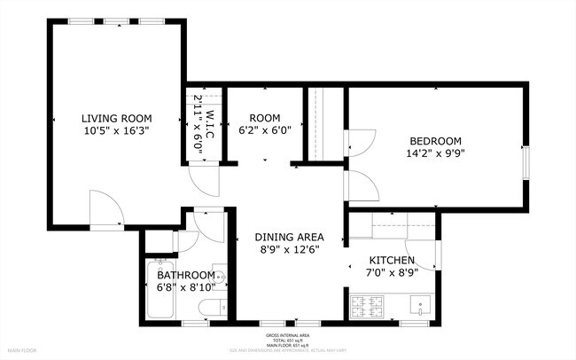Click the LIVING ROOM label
point(116,118)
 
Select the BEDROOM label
point(435,141)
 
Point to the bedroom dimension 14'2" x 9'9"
point(435,154)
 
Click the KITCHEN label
point(392,260)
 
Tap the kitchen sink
point(418,307)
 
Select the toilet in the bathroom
point(210,308)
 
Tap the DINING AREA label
point(289,237)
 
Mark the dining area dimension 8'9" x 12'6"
point(289,250)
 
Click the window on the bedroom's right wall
point(525,160)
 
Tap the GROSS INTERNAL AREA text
point(288,335)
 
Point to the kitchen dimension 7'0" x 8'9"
point(392,273)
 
